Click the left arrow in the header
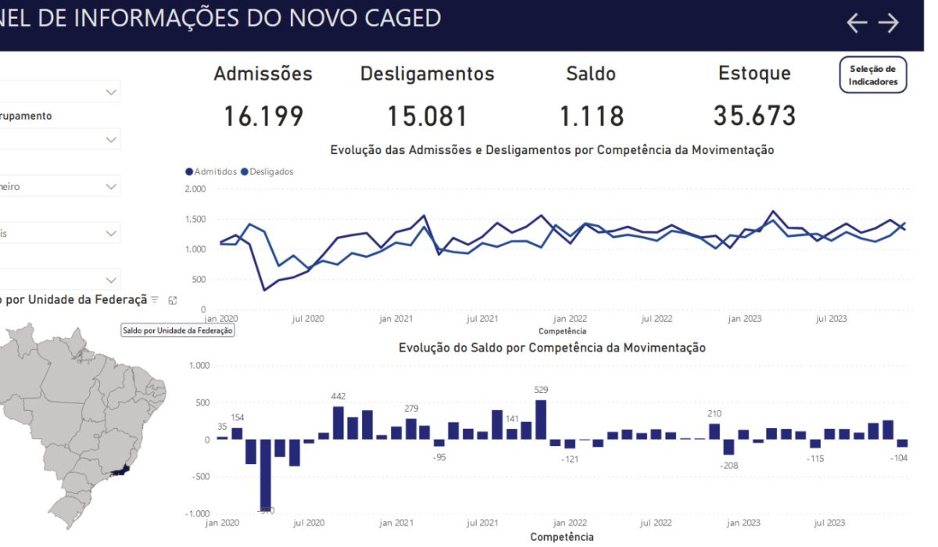coord(857,23)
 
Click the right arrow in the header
coord(889,23)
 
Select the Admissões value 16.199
coord(263,116)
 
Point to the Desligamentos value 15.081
coord(428,116)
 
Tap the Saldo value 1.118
coord(592,116)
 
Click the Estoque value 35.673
coord(754,116)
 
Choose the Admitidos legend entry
coord(211,171)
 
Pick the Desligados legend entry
coord(267,171)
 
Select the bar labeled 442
coord(338,423)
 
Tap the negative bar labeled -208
coord(729,447)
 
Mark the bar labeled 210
coord(714,431)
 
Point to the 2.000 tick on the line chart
coord(195,189)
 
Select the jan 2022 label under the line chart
coord(570,319)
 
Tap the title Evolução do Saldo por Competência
coord(552,348)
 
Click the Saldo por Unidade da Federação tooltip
coord(177,331)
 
